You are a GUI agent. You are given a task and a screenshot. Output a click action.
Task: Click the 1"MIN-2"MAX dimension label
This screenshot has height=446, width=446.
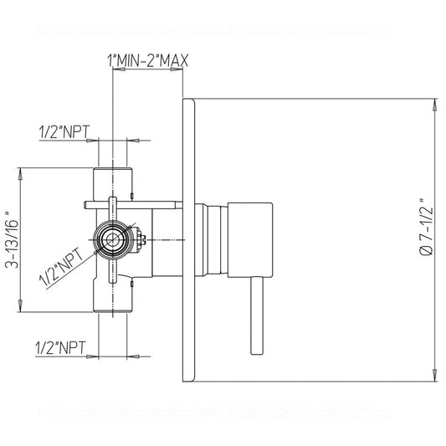pos(147,60)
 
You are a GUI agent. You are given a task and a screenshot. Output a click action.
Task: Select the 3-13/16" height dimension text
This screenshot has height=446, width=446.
pos(12,240)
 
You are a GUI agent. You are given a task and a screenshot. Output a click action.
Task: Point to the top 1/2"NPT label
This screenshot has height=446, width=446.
pos(64,132)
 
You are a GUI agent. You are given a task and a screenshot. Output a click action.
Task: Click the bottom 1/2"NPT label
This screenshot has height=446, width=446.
pos(60,347)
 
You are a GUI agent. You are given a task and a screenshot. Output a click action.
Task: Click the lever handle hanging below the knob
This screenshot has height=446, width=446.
pos(257,315)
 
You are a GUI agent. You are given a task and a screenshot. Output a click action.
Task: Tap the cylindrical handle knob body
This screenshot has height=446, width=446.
pos(250,240)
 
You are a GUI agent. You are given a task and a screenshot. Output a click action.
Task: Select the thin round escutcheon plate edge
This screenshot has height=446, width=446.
pos(188,240)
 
